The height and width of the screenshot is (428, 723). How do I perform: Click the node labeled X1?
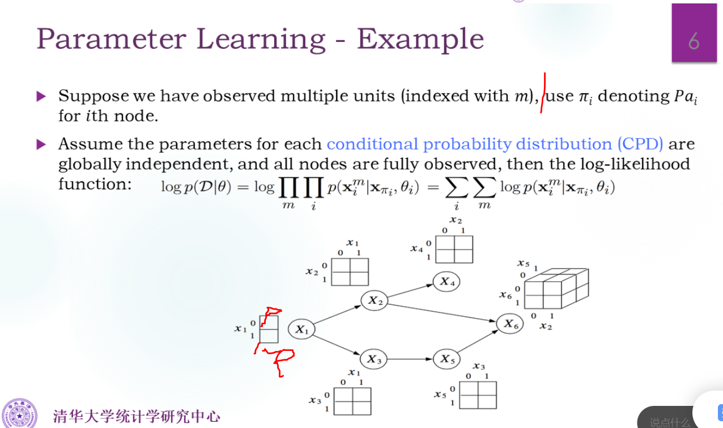[x=301, y=329]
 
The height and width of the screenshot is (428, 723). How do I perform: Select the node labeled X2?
[x=374, y=300]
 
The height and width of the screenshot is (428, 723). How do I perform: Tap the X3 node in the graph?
[x=373, y=359]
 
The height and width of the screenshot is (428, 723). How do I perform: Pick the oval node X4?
[x=446, y=281]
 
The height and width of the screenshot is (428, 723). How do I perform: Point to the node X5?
[x=446, y=359]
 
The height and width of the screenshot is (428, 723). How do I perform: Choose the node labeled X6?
[x=510, y=324]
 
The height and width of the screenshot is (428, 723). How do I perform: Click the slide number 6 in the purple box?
[x=694, y=41]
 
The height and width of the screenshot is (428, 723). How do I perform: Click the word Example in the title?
[x=420, y=39]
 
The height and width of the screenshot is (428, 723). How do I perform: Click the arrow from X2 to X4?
[x=410, y=291]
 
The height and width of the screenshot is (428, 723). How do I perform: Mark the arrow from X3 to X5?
[x=410, y=359]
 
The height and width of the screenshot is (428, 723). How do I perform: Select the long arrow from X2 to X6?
[x=442, y=312]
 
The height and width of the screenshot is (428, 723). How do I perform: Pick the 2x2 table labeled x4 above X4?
[x=454, y=249]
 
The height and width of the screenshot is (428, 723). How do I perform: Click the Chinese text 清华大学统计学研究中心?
[x=136, y=416]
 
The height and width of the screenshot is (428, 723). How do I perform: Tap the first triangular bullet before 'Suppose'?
[x=41, y=96]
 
